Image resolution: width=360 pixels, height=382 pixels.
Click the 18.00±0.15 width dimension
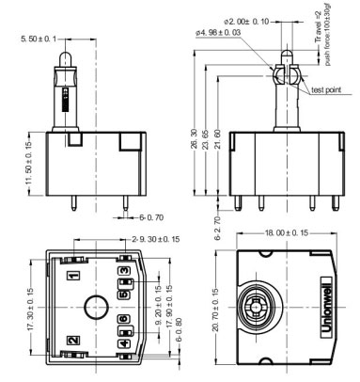286,232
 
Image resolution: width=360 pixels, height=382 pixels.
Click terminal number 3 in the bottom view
123,271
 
